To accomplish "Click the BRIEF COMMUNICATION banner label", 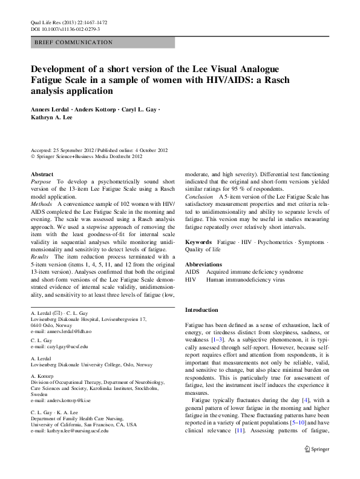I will [74, 43].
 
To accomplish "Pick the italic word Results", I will [41, 257].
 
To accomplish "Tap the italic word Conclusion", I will [199, 197].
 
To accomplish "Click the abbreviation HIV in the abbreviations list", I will [191, 280].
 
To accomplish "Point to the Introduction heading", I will [205, 310].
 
